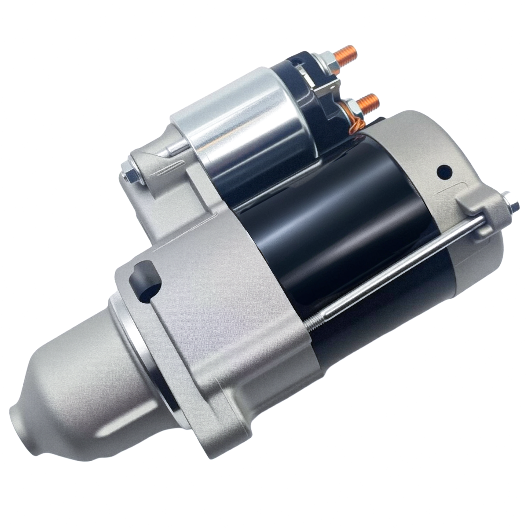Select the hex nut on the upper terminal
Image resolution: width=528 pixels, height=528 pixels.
(x=331, y=62)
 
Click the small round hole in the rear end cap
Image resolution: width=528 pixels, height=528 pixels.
(x=444, y=172)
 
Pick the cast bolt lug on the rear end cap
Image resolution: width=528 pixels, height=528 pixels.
(x=480, y=207)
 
